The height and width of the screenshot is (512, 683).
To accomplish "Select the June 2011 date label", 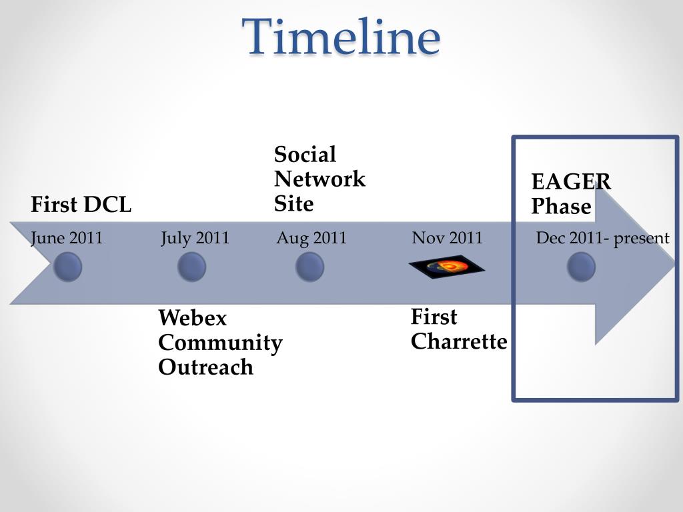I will pos(67,238).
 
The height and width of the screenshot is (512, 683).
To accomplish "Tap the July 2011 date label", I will pos(195,238).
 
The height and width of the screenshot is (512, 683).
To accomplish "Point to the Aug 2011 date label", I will pos(311,238).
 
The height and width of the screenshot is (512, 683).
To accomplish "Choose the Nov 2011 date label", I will pos(447,238).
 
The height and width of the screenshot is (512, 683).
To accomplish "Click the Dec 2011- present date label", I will pos(602,238).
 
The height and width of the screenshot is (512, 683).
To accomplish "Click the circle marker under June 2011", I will pos(67,267).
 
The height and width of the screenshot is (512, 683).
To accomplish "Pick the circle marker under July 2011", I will pos(191,267).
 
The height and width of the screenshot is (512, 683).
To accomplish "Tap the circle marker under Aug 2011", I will pos(309,267).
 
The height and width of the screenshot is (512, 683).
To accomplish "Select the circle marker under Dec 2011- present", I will pos(581,267).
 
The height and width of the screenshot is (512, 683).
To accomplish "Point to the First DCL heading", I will pos(81,205).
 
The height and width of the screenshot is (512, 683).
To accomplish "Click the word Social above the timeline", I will pos(305,155).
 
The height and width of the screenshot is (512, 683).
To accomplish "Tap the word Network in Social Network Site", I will pos(319,179).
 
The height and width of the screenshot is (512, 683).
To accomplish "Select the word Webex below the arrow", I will pos(192,318).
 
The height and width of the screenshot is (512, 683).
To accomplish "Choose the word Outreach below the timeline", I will pos(205,367).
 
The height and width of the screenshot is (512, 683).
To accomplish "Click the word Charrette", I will pos(459,341).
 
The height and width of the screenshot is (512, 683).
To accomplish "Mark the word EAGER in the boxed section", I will pos(571,182).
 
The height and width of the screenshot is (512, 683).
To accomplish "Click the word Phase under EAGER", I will pos(561,207).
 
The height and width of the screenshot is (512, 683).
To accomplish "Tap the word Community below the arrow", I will pos(220,343).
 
